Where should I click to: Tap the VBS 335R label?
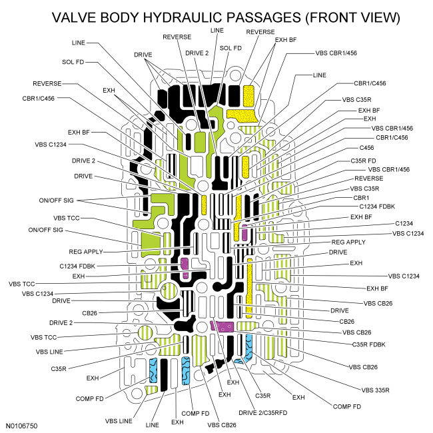(378, 390)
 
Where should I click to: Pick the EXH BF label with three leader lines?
(286, 40)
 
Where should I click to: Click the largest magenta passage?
(222, 326)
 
